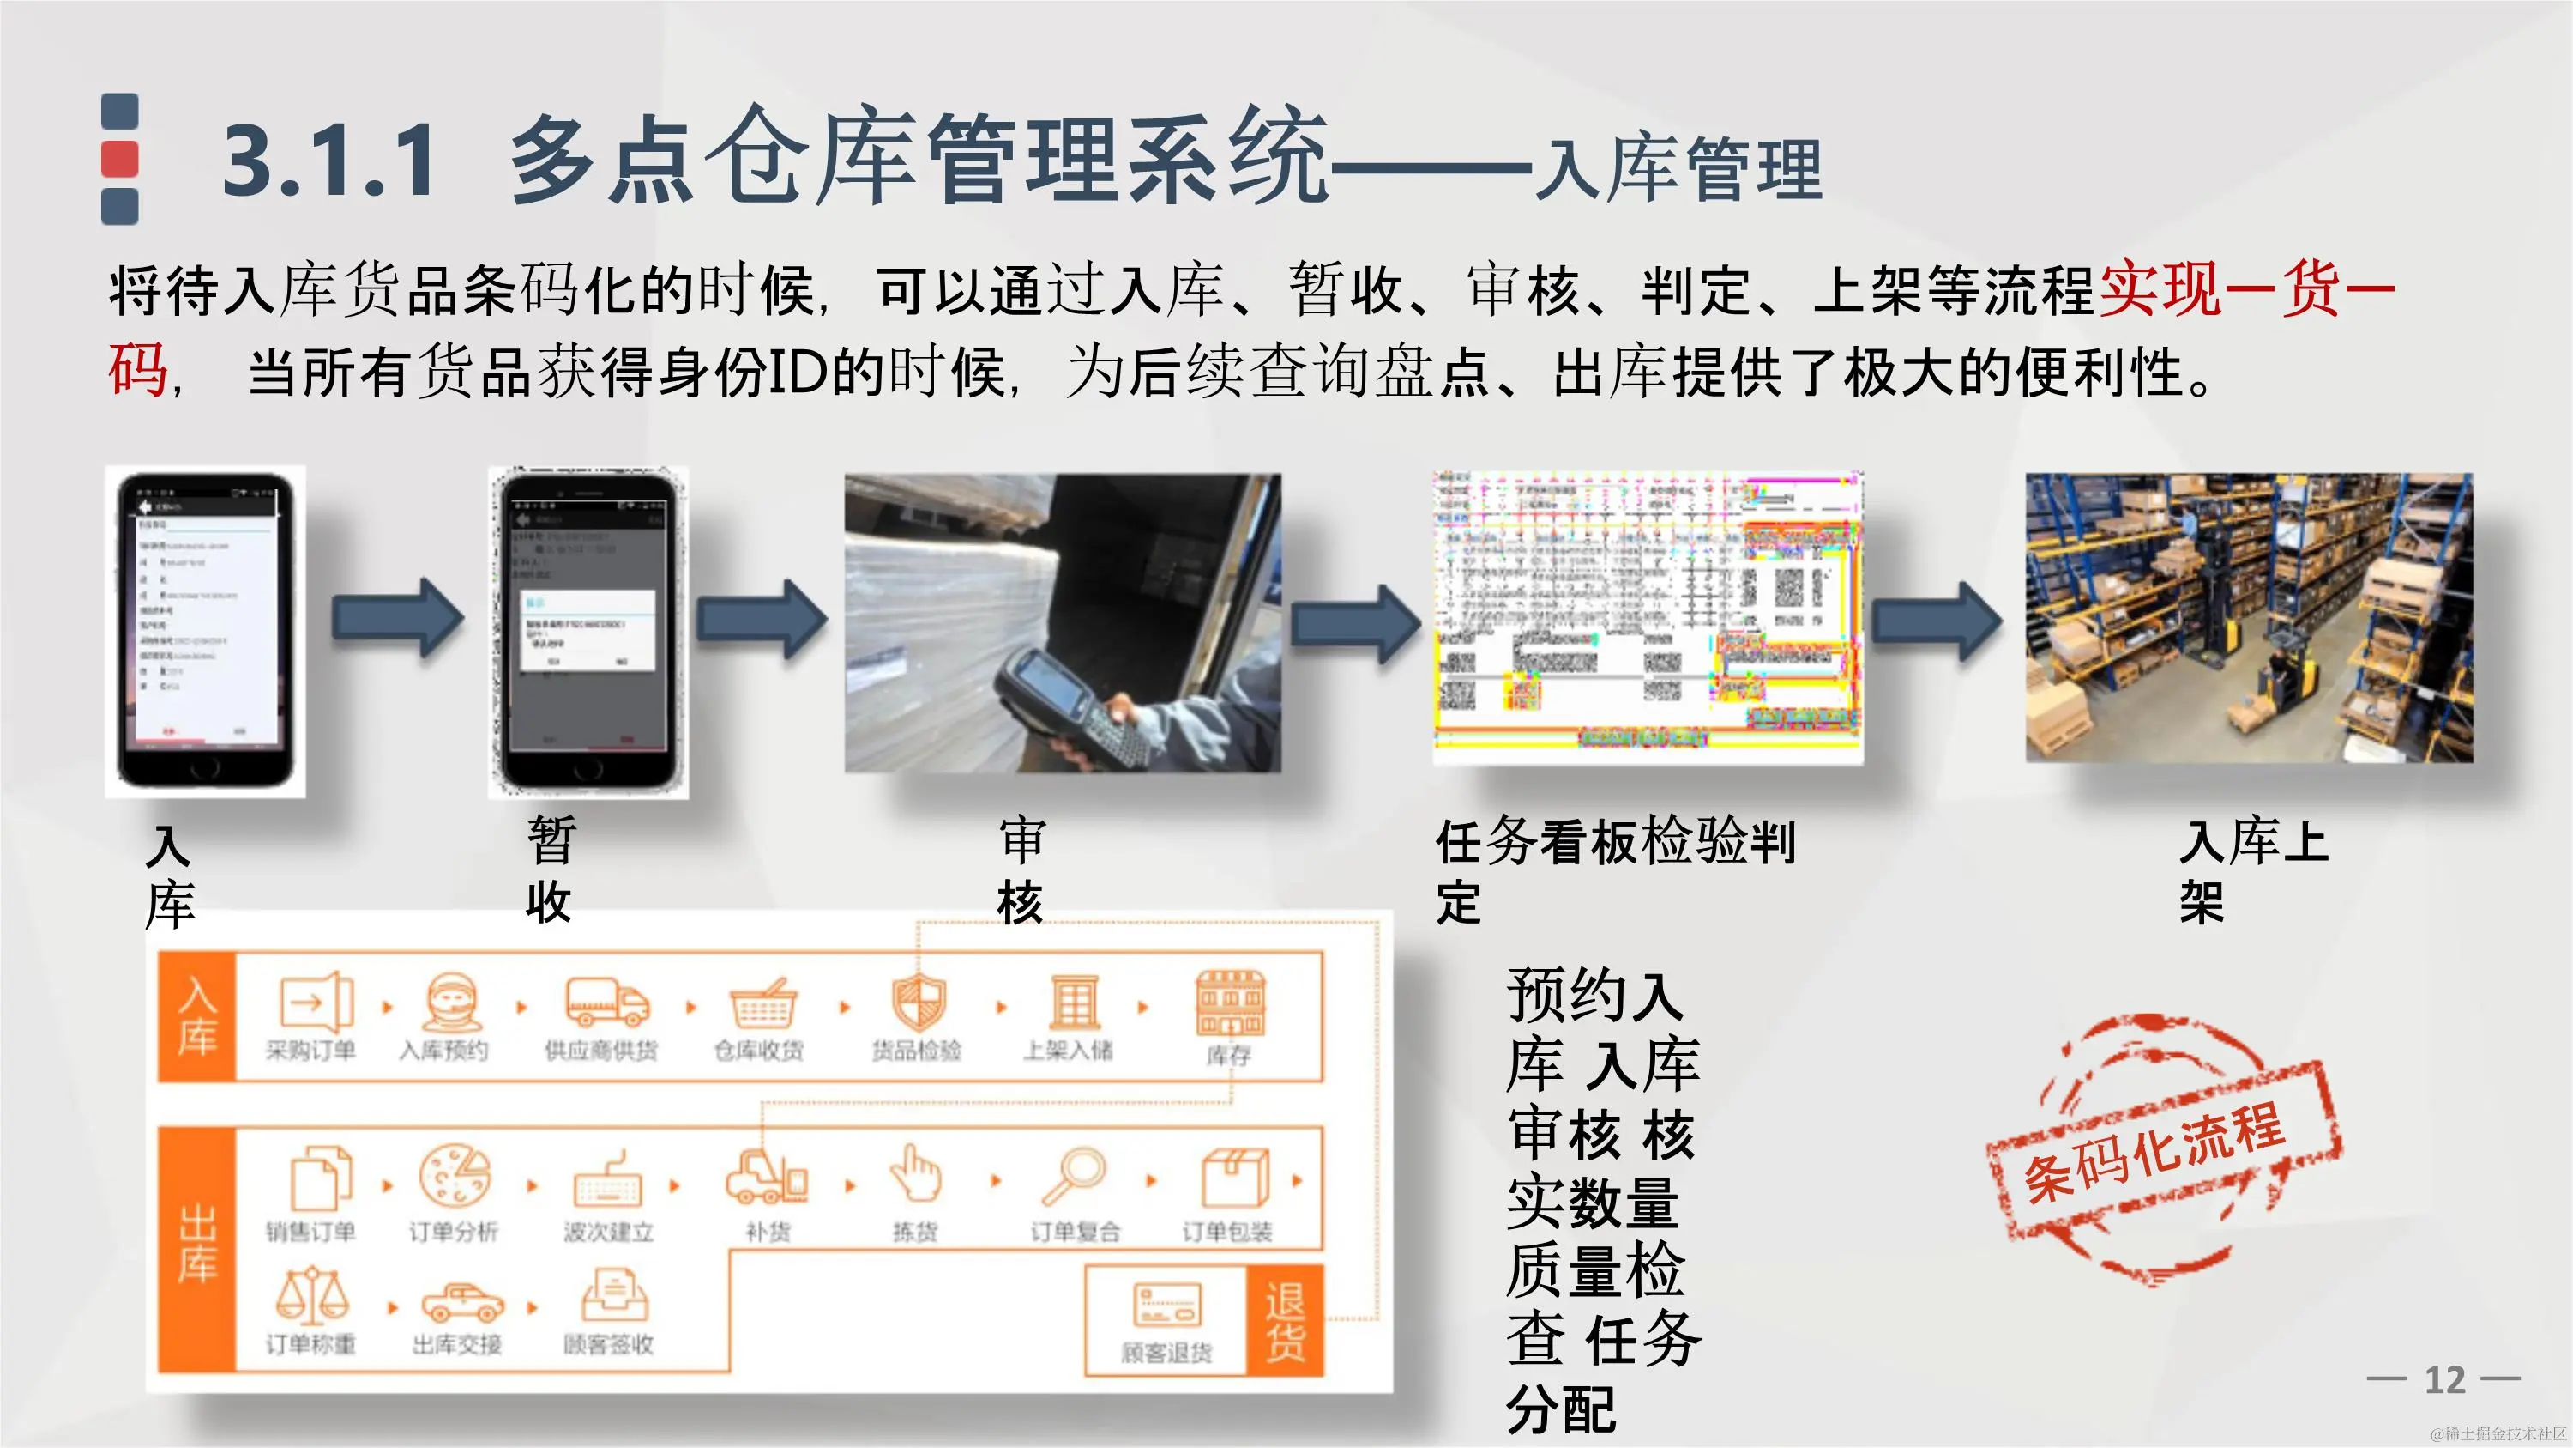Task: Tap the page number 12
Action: tap(2444, 1380)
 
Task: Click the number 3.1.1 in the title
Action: tap(328, 160)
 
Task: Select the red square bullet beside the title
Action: tap(120, 160)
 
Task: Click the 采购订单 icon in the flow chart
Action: tap(316, 1002)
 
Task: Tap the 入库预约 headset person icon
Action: tap(451, 1003)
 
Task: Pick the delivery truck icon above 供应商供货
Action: tap(606, 1002)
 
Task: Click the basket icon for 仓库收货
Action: tap(763, 1003)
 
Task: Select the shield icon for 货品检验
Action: tap(918, 1003)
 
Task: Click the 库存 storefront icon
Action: tap(1230, 1003)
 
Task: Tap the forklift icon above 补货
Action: tap(765, 1176)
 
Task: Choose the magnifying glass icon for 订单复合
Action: tap(1073, 1177)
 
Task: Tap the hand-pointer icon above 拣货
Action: tap(916, 1174)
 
